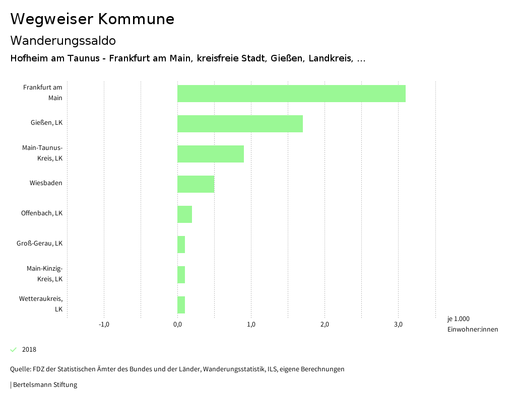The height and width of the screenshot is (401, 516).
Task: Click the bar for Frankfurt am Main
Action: (291, 94)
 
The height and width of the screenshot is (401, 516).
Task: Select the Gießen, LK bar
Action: (240, 124)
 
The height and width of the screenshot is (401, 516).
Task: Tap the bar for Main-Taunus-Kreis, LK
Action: (211, 154)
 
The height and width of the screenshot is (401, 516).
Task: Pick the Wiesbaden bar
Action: (196, 184)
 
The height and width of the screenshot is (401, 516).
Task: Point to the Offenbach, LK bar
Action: (184, 214)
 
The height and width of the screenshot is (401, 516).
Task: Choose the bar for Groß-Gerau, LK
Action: (181, 245)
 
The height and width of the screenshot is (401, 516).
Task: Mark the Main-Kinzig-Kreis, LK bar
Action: (181, 275)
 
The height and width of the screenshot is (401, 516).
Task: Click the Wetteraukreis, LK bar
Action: (181, 305)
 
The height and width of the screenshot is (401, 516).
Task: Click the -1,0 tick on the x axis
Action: (104, 325)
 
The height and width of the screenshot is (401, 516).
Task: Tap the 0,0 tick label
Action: (177, 325)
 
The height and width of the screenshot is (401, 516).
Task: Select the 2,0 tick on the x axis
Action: (325, 325)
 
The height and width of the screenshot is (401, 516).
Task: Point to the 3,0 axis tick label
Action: (398, 325)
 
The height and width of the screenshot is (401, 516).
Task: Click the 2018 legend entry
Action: (29, 350)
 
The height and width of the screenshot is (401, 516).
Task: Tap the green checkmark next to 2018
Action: (14, 350)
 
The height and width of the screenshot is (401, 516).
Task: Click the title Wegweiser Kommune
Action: (92, 19)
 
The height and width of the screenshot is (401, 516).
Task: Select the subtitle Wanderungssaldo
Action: (63, 40)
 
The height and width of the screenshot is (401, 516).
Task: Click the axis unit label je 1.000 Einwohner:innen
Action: (472, 324)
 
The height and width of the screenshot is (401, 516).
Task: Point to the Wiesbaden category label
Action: (46, 183)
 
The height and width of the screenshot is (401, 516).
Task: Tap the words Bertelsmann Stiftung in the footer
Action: (45, 385)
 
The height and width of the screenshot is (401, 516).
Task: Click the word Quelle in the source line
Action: (20, 369)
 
